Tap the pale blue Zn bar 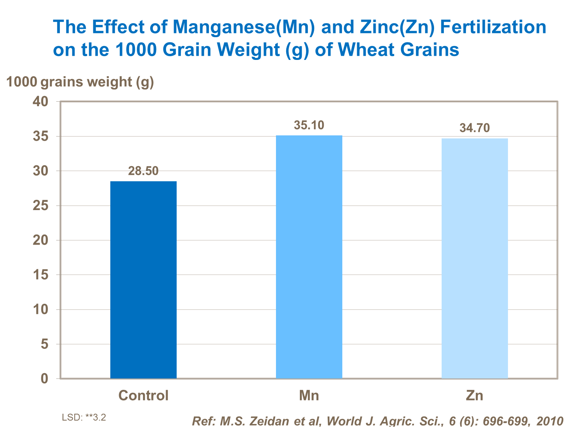[475, 258]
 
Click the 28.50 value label [143, 171]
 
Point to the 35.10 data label [309, 125]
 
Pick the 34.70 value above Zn [475, 128]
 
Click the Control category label [143, 396]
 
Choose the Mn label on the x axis [309, 396]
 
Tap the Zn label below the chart [475, 396]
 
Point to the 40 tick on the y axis [41, 102]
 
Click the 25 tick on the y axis [41, 206]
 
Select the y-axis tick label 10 [41, 309]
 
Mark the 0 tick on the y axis [45, 378]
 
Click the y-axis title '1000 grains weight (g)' [80, 82]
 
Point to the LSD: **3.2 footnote [84, 418]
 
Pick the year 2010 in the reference [550, 421]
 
